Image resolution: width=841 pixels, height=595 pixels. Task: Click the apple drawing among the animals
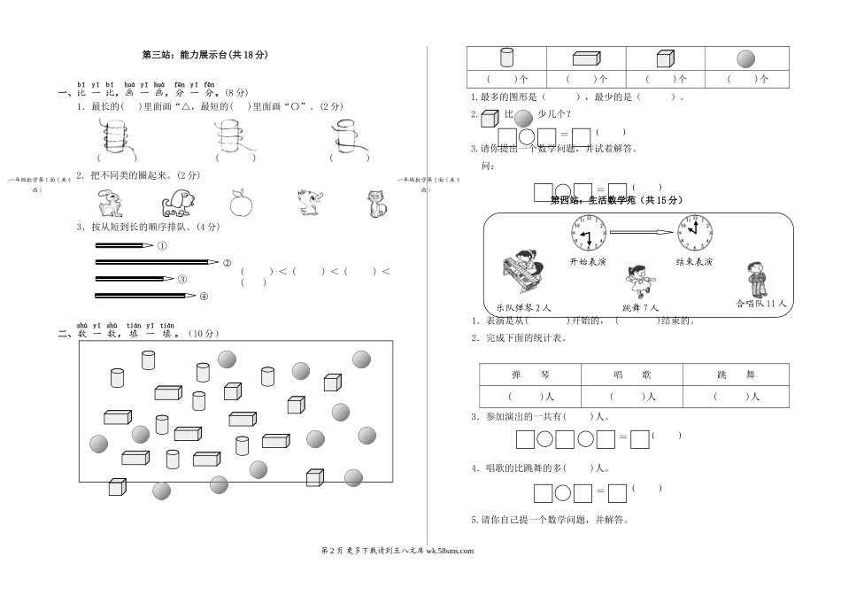pos(241,203)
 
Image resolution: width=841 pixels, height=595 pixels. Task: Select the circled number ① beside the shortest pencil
pos(162,246)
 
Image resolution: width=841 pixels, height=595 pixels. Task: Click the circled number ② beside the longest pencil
pos(227,262)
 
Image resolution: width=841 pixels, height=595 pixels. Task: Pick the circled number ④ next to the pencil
pos(204,296)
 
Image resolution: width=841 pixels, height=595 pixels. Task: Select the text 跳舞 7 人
pos(640,307)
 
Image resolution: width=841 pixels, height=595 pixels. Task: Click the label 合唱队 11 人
pos(761,304)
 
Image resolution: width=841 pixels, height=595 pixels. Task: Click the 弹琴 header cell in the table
pos(529,375)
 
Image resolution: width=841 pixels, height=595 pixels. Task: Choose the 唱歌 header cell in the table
pos(632,375)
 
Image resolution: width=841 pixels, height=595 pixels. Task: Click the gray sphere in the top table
pos(745,58)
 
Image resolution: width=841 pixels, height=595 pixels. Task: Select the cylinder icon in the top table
pos(506,58)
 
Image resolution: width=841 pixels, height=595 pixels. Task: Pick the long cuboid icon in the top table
pos(585,58)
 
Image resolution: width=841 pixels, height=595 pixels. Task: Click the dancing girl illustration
pos(639,280)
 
